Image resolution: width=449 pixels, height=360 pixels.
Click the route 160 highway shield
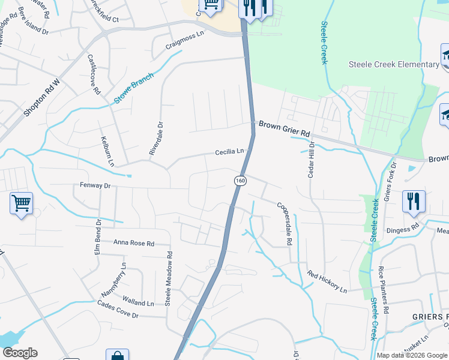[240, 180]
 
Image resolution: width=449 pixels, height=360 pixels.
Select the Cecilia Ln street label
[231, 152]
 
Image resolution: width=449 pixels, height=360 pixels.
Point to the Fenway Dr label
[95, 186]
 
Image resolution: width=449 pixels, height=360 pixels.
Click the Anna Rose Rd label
[134, 244]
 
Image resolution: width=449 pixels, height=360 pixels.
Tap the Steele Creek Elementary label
[394, 65]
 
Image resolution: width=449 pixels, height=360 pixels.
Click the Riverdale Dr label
[160, 139]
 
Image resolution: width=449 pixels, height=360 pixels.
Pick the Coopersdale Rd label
[284, 223]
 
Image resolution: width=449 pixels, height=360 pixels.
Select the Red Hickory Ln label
[327, 282]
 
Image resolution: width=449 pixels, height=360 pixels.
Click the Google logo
[20, 353]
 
